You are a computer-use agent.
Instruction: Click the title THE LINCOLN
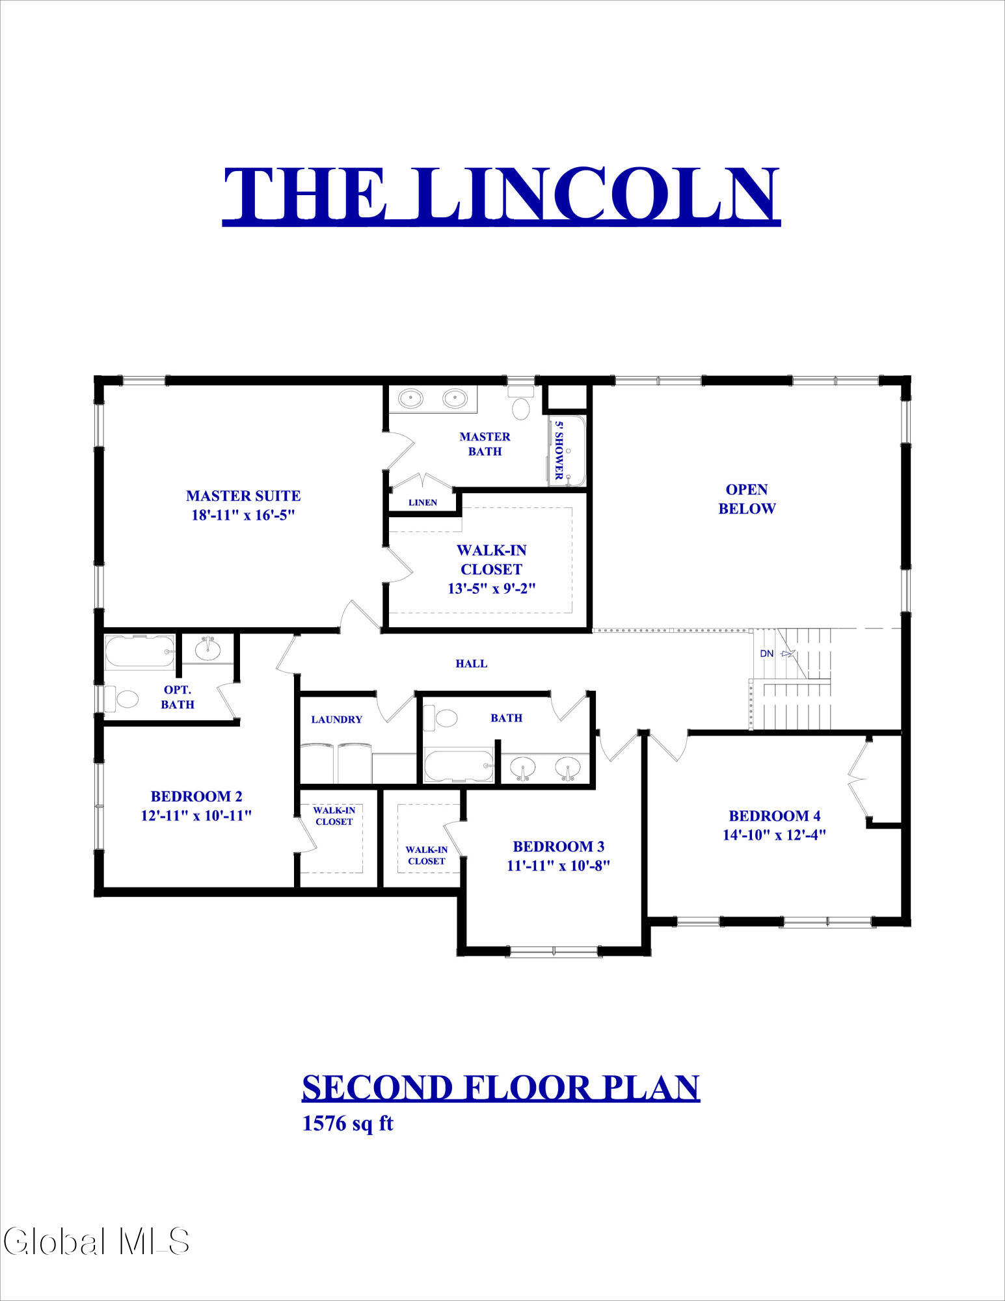coord(502,194)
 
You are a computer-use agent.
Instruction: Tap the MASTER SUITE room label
coord(243,496)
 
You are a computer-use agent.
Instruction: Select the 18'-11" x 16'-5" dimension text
coord(243,515)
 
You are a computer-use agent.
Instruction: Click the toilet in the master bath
coord(522,403)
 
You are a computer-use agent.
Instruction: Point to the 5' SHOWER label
coord(558,450)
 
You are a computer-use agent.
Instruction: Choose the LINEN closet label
coord(423,502)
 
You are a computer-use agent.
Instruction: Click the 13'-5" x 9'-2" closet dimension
coord(491,589)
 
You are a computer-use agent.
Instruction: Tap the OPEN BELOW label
coord(747,499)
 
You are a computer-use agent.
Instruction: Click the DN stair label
coord(767,653)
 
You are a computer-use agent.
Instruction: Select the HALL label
coord(471,664)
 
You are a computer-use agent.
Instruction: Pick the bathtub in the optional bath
coord(141,652)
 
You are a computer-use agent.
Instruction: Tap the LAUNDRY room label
coord(336,719)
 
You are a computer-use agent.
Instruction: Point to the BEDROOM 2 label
coord(196,796)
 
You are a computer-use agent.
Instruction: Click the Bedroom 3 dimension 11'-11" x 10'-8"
coord(558,866)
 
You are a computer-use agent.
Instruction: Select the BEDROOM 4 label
coord(774,816)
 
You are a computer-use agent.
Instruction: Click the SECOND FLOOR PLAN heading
coord(501,1088)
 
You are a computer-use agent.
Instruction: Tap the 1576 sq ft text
coord(348,1123)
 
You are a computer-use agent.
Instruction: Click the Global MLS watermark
coord(96,1241)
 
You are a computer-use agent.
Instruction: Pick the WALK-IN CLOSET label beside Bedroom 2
coord(334,816)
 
